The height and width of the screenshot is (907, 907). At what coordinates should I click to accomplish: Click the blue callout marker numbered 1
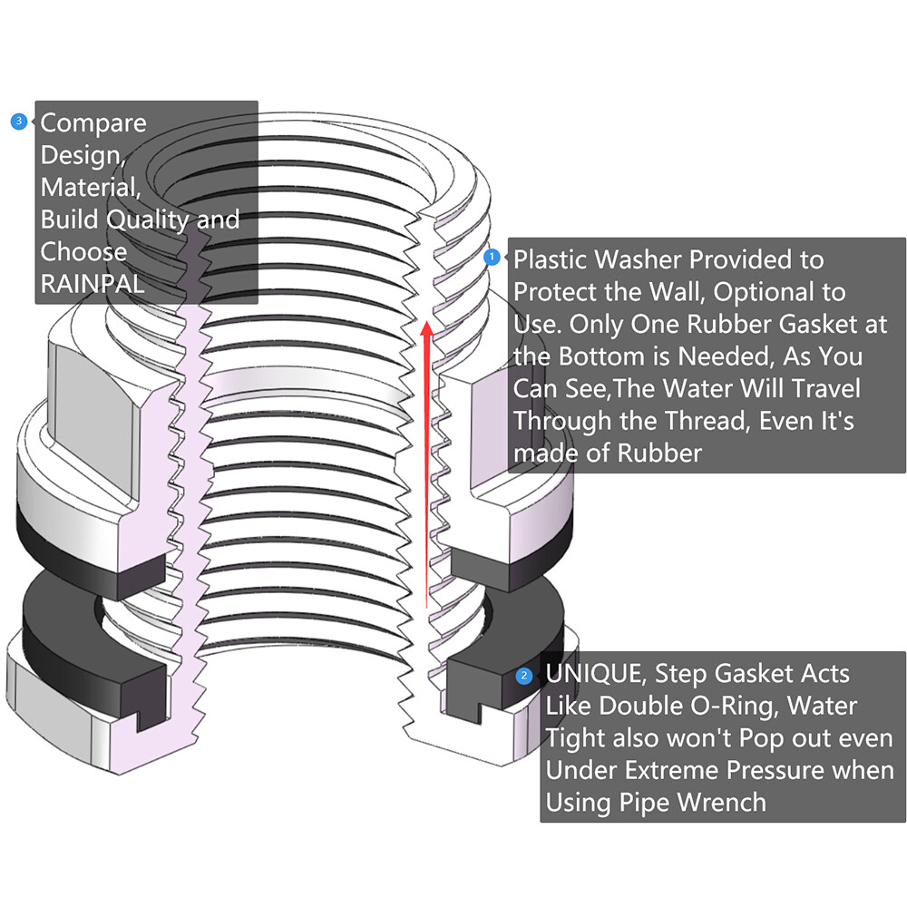pyautogui.click(x=493, y=257)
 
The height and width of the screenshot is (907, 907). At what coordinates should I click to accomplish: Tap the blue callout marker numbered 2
pyautogui.click(x=524, y=676)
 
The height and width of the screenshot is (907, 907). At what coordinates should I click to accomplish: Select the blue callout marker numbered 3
pyautogui.click(x=19, y=122)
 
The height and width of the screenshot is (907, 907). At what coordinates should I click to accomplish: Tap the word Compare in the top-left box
pyautogui.click(x=93, y=122)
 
